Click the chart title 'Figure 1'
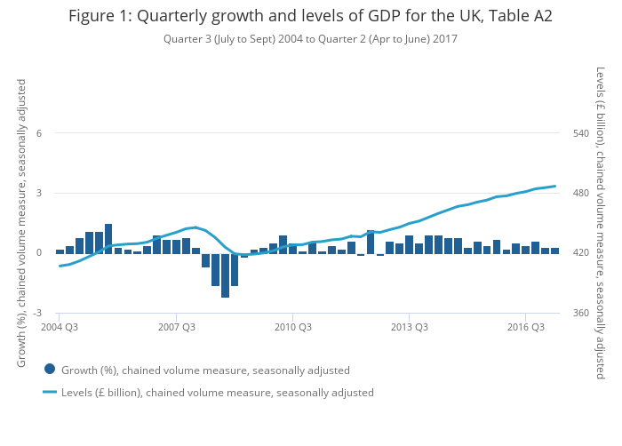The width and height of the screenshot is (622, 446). point(310,16)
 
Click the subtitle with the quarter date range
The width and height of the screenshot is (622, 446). point(310,39)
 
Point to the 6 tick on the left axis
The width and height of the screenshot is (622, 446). point(38,133)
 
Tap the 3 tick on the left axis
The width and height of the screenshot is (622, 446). point(38,194)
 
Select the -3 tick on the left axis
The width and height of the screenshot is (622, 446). point(36,314)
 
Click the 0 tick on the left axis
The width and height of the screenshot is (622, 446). point(38,253)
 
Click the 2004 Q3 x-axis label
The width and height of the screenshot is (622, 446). point(60,328)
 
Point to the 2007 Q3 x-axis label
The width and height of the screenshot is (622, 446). point(176,328)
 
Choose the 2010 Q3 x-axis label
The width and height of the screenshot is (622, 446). point(292,328)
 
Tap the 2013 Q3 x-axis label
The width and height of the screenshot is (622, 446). point(409,328)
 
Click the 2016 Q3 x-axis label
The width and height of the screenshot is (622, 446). point(525,328)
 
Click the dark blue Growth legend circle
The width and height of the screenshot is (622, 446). point(50,370)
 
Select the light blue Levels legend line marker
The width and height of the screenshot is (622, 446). point(50,392)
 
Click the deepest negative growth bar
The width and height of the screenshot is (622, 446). point(226,275)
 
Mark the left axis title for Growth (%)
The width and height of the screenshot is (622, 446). point(21,223)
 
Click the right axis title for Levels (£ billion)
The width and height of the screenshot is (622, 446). point(601,223)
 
